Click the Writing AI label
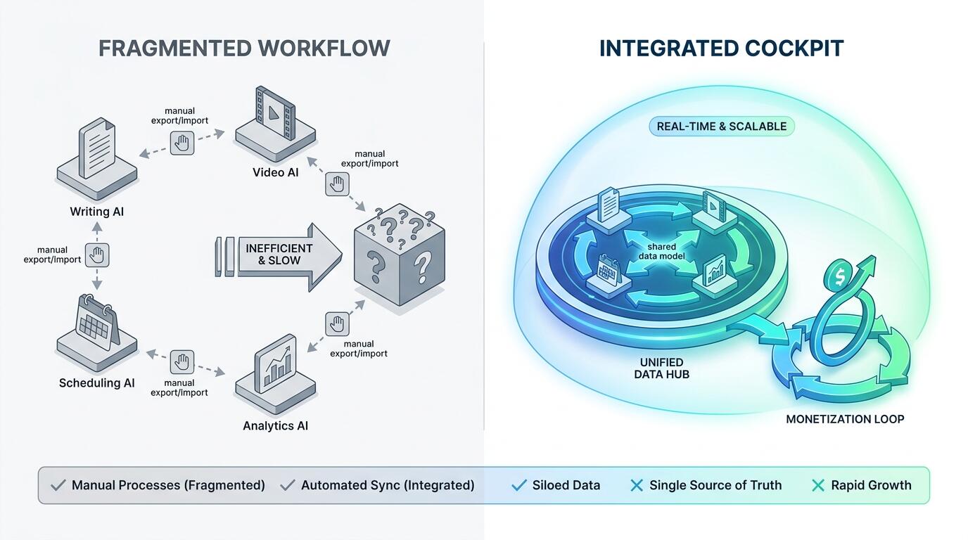point(97,212)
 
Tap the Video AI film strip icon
point(275,112)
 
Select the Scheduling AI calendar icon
point(97,322)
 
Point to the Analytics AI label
point(275,426)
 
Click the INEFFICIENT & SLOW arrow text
point(279,255)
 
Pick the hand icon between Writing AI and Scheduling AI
point(97,255)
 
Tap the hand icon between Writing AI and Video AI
point(182,143)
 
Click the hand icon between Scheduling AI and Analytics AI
point(182,362)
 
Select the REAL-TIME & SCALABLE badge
point(721,127)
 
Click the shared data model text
point(661,252)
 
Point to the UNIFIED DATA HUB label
point(661,368)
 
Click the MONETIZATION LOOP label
point(845,419)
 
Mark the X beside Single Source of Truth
point(637,486)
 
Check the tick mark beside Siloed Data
point(518,486)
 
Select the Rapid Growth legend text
point(871,485)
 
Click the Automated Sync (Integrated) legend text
point(388,485)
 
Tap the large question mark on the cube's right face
point(422,267)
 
